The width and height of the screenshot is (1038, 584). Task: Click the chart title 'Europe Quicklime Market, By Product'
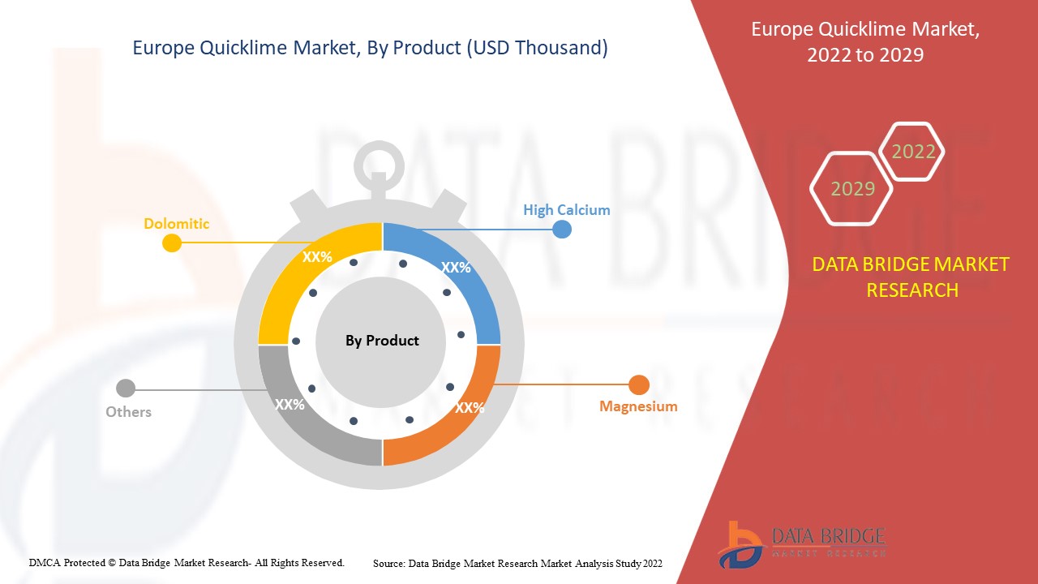point(370,48)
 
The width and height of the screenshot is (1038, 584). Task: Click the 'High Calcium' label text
point(566,210)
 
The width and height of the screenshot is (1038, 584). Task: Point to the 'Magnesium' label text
point(638,406)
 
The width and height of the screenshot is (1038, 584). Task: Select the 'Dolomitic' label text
point(177,223)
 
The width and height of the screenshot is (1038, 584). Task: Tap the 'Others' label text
point(128,412)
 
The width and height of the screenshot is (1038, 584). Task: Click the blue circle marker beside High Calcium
point(562,230)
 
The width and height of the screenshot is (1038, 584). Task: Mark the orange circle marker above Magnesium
point(639,385)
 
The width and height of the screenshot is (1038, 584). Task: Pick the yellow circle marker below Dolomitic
point(172,243)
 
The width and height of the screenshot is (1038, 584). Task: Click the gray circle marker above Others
point(126,389)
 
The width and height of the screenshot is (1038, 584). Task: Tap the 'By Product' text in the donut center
point(382,341)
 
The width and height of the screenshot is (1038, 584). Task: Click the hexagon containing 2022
point(913,152)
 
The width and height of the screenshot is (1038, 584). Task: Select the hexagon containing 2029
point(852,189)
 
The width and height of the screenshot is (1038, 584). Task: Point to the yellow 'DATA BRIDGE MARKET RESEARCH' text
point(911,277)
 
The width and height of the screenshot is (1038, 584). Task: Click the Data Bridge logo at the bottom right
point(800,543)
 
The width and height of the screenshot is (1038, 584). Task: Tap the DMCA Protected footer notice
point(187,562)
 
